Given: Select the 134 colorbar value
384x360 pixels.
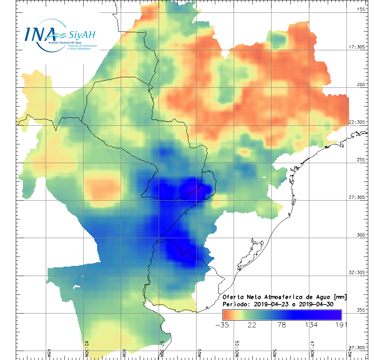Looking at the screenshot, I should pos(312,325).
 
